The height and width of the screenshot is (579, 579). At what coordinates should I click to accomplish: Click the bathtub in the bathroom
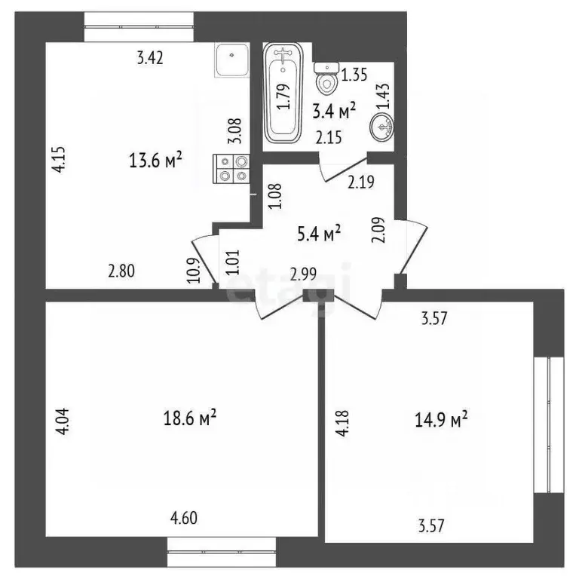tap(283, 93)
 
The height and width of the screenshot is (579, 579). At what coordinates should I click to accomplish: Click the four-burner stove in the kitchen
tap(232, 168)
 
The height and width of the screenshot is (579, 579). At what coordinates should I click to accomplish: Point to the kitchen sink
tap(232, 60)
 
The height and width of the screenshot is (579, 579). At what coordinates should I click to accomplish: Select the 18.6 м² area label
tap(190, 417)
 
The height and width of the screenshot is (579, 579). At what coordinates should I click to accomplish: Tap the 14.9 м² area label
tap(442, 418)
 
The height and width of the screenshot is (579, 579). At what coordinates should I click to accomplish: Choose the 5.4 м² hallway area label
tap(317, 234)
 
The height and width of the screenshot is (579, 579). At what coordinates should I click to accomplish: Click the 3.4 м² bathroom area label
tap(334, 113)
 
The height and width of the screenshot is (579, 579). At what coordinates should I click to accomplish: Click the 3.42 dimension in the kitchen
tap(150, 57)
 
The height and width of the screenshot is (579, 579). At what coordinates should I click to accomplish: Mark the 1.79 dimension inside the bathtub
tap(283, 96)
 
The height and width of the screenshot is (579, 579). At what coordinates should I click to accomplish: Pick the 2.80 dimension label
tap(121, 273)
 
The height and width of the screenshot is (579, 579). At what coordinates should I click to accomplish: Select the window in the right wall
tap(549, 425)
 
